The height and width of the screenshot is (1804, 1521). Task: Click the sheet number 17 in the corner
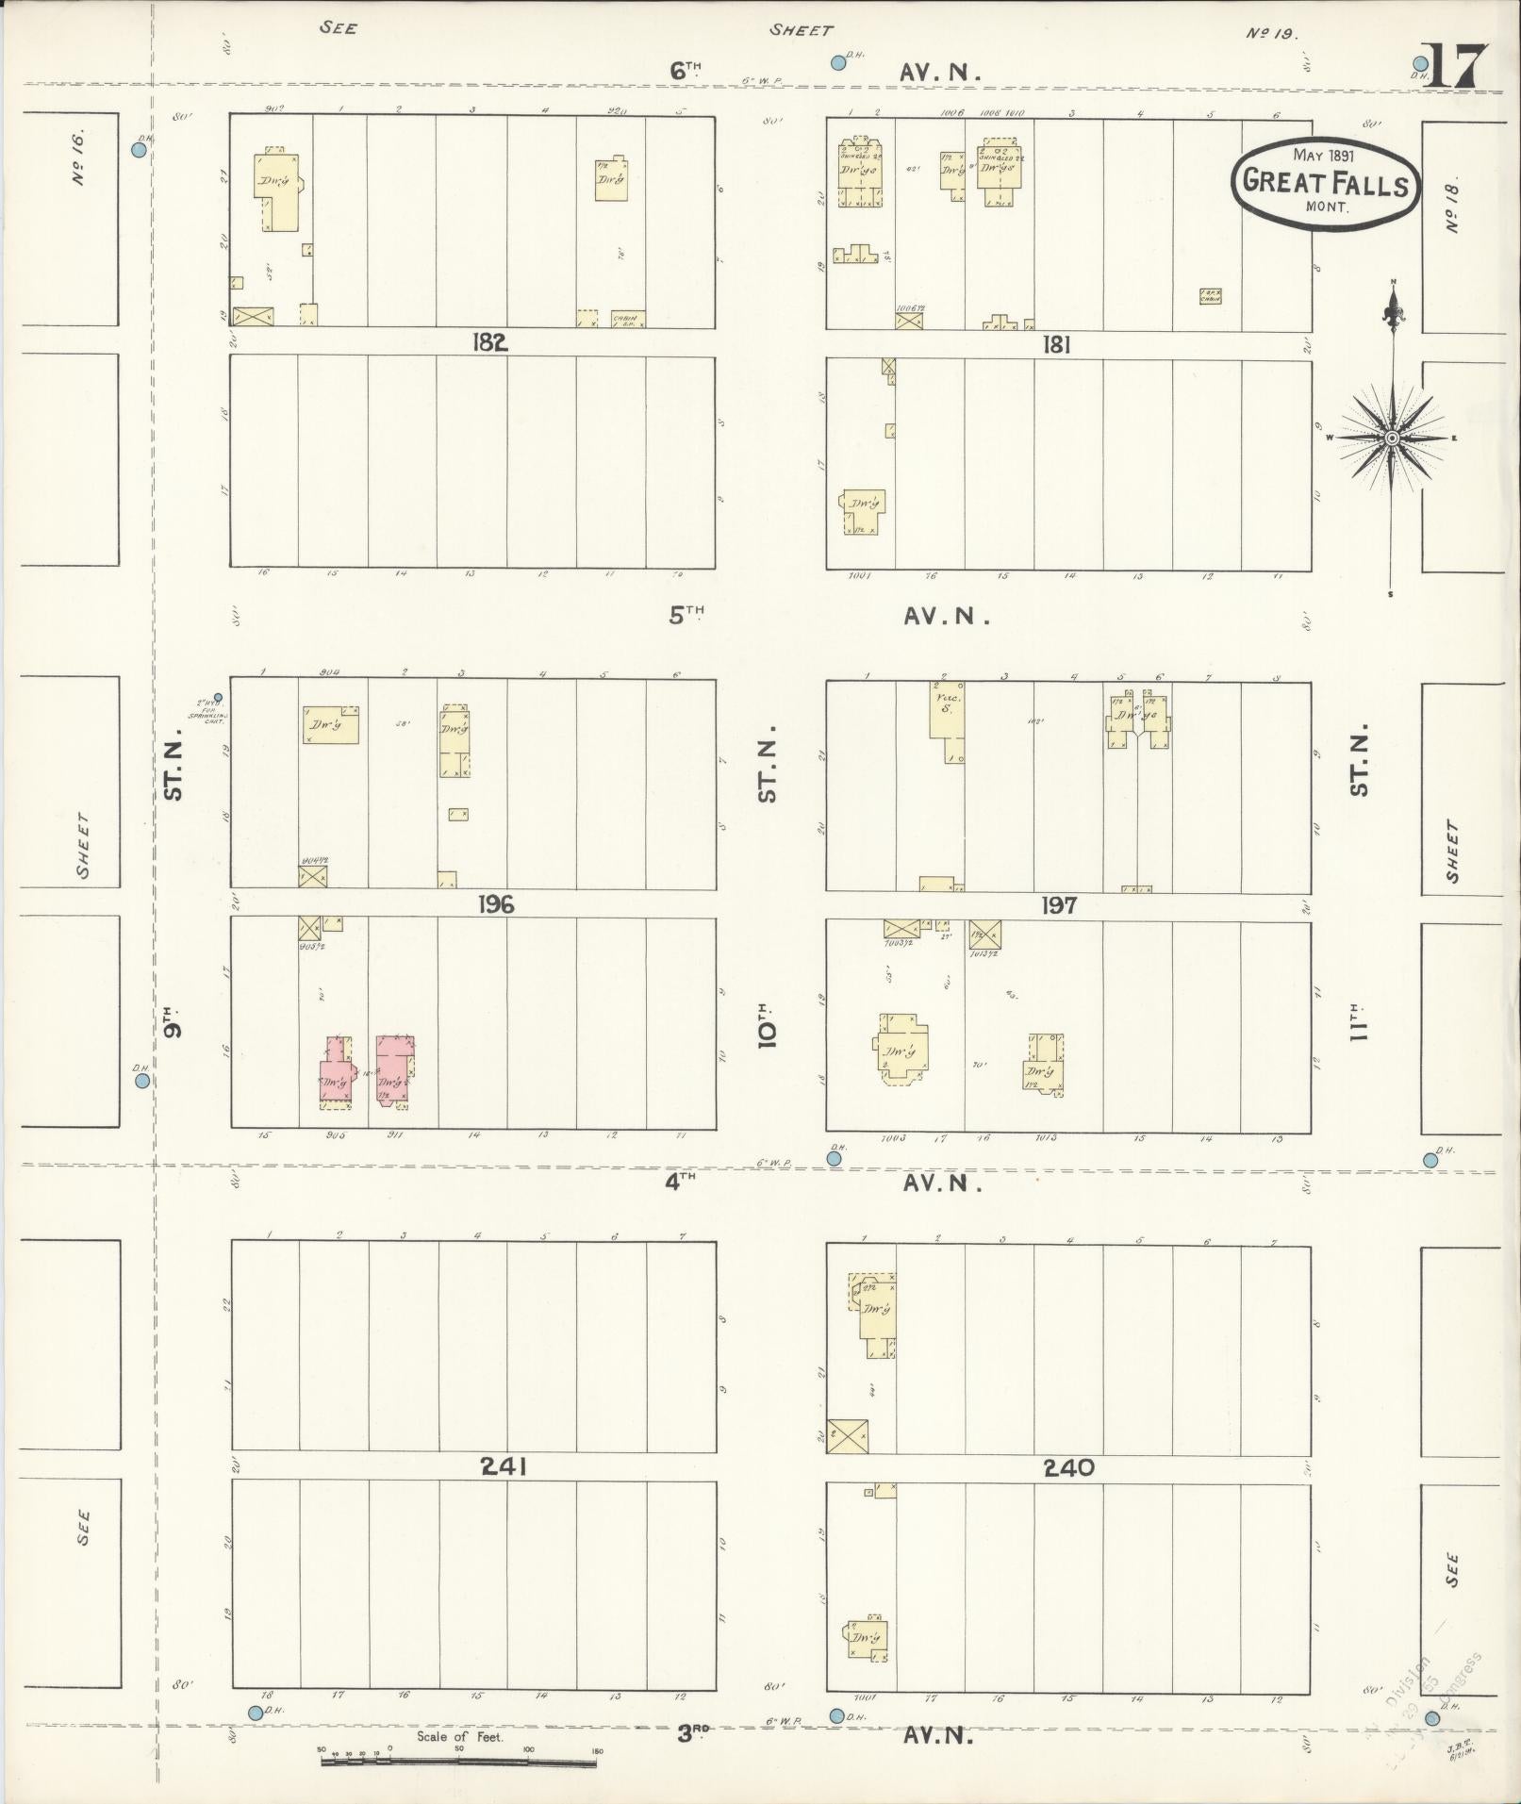pyautogui.click(x=1453, y=66)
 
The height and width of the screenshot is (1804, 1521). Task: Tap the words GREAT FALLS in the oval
pyautogui.click(x=1326, y=182)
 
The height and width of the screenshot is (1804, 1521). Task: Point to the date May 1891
pyautogui.click(x=1323, y=156)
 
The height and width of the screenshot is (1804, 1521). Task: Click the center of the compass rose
pyautogui.click(x=1392, y=439)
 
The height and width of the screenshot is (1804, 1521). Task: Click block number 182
pyautogui.click(x=490, y=342)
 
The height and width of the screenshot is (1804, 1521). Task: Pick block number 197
pyautogui.click(x=1058, y=906)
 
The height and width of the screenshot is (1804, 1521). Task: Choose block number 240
pyautogui.click(x=1068, y=1467)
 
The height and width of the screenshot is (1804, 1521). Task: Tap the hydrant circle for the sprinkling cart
pyautogui.click(x=218, y=698)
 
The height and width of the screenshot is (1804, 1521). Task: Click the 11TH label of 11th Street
pyautogui.click(x=1358, y=1021)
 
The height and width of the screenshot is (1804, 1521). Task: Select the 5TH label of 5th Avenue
pyautogui.click(x=686, y=614)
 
